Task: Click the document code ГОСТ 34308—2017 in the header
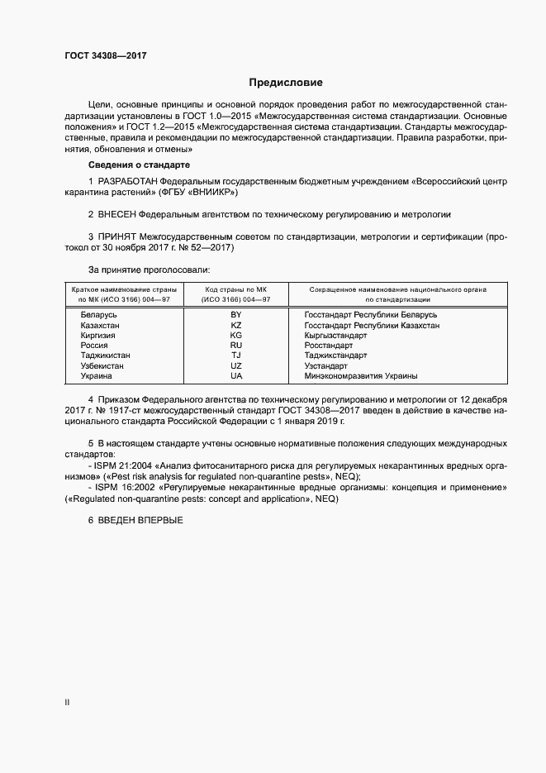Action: tap(107, 54)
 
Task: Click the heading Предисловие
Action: tap(286, 83)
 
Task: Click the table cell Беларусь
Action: tap(98, 315)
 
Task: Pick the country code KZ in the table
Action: tap(236, 326)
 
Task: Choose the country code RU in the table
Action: tap(236, 346)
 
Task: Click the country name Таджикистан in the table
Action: tap(106, 355)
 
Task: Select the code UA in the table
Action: tap(236, 375)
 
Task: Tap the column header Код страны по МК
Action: tap(236, 289)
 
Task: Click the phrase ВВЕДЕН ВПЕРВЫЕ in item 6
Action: tap(140, 518)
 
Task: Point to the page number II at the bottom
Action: tap(67, 703)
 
